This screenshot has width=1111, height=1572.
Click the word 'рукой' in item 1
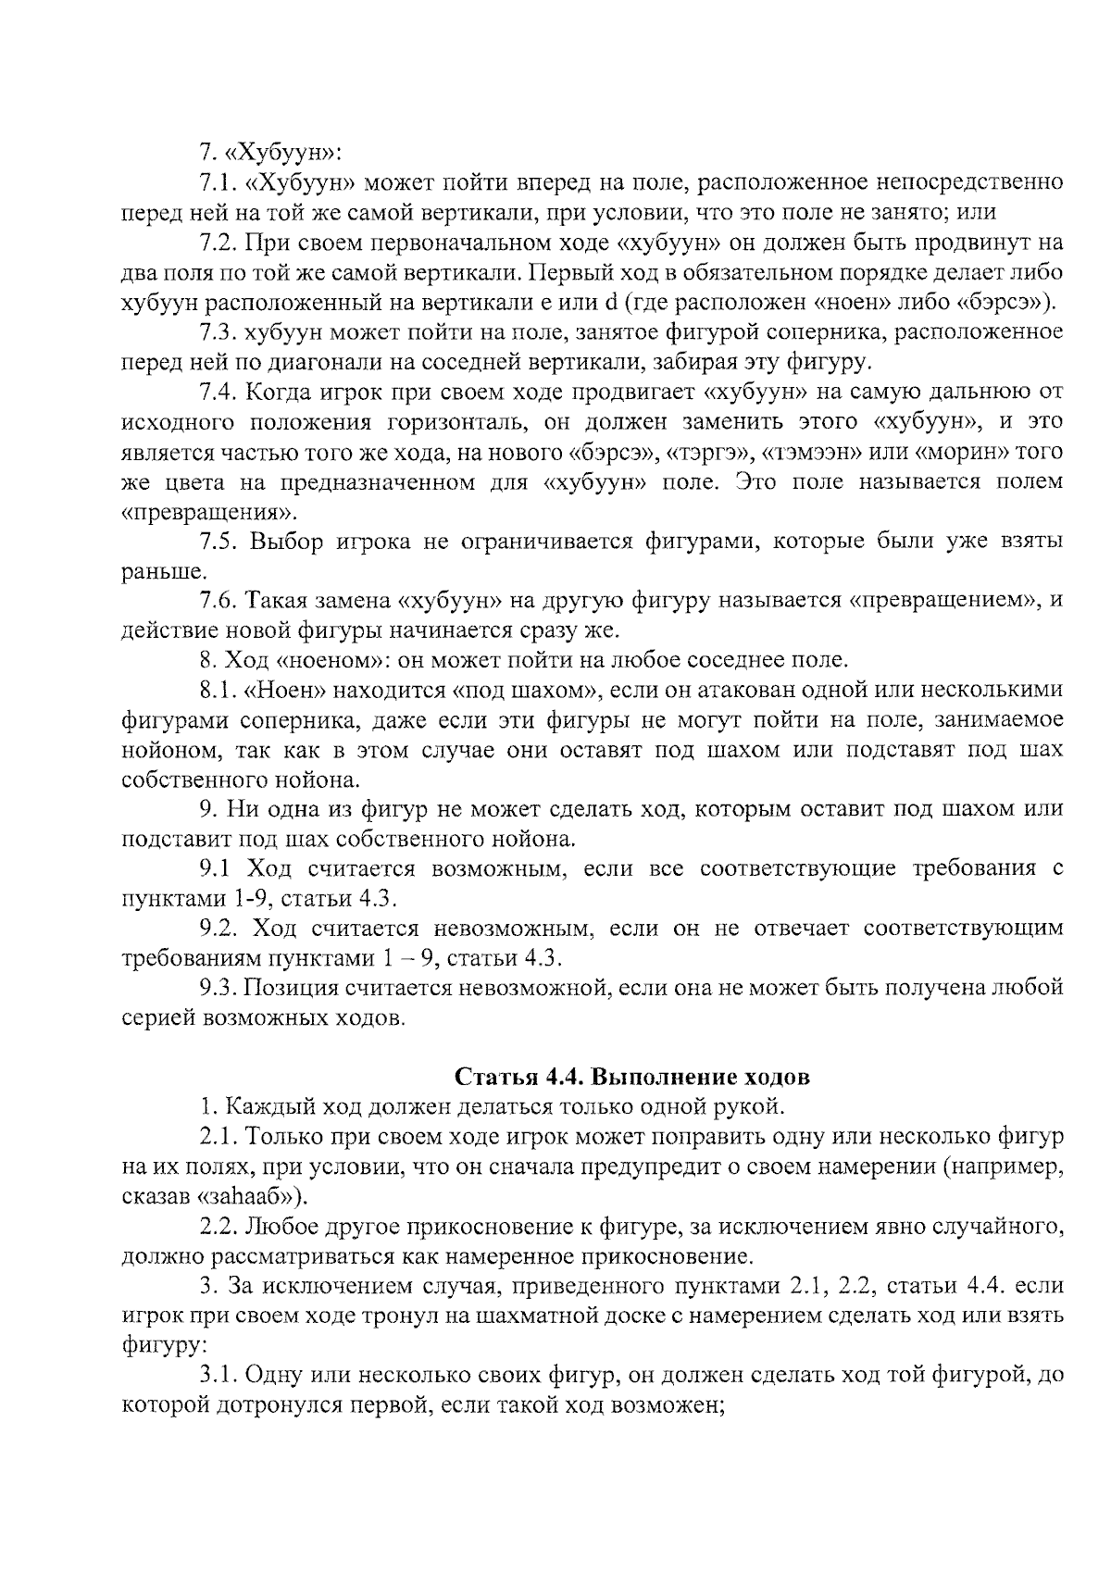pos(753,1107)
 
